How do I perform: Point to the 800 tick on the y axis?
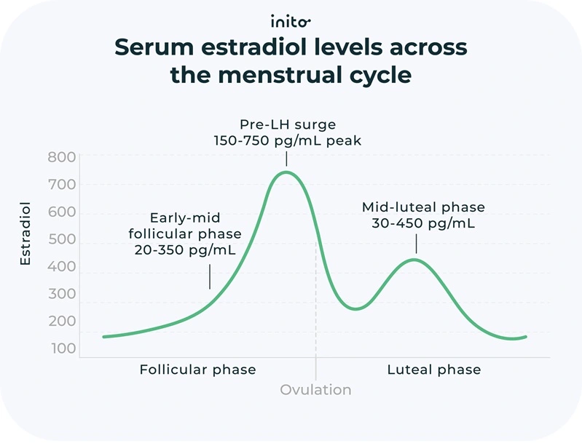tap(62, 157)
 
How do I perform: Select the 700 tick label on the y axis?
tap(62, 185)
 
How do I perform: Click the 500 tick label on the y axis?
tap(62, 240)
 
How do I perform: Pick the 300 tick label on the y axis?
tap(62, 295)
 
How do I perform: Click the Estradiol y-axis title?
tap(25, 234)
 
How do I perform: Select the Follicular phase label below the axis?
tap(197, 370)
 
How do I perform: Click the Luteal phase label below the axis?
tap(433, 370)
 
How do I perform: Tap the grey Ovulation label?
tap(315, 390)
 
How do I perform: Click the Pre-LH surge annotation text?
tap(287, 124)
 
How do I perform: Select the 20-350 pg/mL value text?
tap(184, 250)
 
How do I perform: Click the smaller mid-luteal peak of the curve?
tap(414, 260)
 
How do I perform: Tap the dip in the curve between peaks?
tap(355, 309)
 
